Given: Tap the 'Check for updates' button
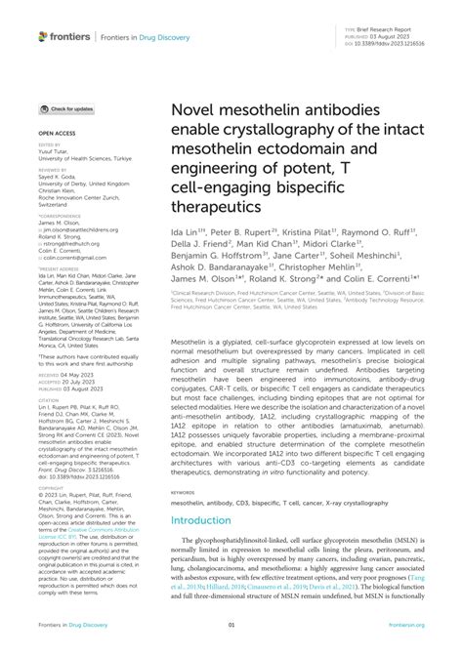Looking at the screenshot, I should click(x=66, y=109).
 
